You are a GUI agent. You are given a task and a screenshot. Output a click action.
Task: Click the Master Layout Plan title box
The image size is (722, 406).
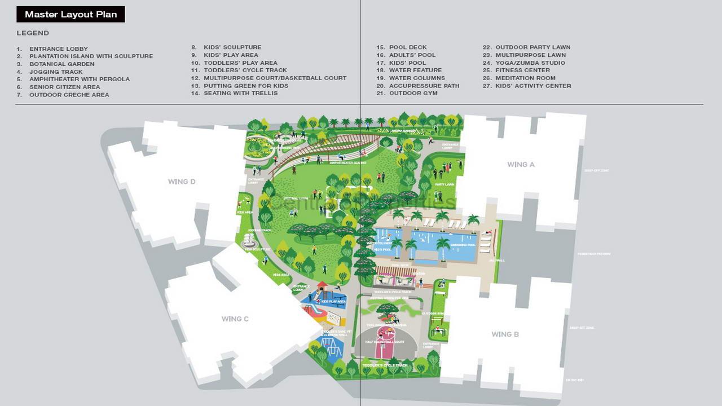(x=71, y=15)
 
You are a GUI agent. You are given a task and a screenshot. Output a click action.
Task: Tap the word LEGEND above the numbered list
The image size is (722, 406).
(x=33, y=33)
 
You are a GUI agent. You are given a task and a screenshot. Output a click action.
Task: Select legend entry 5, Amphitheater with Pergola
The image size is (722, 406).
(x=80, y=80)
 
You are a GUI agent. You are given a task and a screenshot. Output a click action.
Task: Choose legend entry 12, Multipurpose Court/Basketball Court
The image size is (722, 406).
(x=275, y=78)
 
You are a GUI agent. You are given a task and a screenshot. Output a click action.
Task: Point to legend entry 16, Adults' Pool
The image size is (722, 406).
(x=412, y=55)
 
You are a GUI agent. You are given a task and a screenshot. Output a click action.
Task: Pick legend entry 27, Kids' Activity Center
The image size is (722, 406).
(x=533, y=86)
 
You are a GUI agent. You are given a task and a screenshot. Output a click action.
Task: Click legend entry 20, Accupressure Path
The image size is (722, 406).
(x=424, y=86)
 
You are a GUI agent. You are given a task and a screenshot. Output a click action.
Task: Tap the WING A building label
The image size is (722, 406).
(x=521, y=165)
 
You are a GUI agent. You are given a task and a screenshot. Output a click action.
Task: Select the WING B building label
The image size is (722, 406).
(x=505, y=334)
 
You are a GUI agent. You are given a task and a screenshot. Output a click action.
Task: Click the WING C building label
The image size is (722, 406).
(x=235, y=319)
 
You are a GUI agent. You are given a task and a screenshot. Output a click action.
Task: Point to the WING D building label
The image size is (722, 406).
(x=182, y=182)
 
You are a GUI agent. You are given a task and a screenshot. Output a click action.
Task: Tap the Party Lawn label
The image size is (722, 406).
(x=444, y=184)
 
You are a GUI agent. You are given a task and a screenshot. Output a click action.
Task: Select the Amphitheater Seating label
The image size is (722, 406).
(x=348, y=162)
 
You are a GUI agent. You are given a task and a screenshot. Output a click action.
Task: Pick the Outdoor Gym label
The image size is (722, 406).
(x=433, y=314)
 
